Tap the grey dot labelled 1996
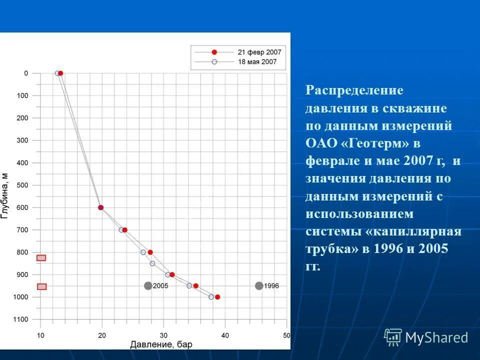pyautogui.click(x=259, y=286)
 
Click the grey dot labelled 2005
pyautogui.click(x=148, y=286)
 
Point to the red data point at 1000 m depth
pyautogui.click(x=217, y=297)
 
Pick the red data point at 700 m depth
pyautogui.click(x=124, y=230)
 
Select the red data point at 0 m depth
pyautogui.click(x=60, y=73)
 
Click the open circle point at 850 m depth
pyautogui.click(x=152, y=263)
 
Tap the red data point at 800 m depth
pyautogui.click(x=150, y=252)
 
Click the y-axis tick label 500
pyautogui.click(x=23, y=185)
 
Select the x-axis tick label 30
pyautogui.click(x=163, y=335)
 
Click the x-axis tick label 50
pyautogui.click(x=286, y=335)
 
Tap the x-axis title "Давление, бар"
pyautogui.click(x=161, y=344)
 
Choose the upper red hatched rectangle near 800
pyautogui.click(x=41, y=258)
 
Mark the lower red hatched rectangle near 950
pyautogui.click(x=41, y=286)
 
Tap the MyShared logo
pyautogui.click(x=426, y=337)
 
